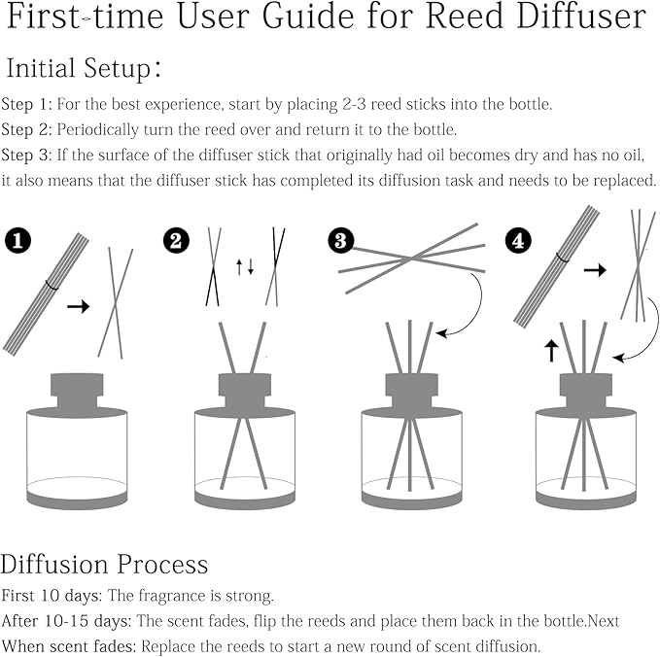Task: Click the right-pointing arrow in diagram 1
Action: pyautogui.click(x=78, y=306)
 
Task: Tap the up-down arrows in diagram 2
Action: pyautogui.click(x=245, y=266)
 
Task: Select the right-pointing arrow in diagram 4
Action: pyautogui.click(x=594, y=269)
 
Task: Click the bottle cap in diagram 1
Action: pyautogui.click(x=75, y=388)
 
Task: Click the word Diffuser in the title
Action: pyautogui.click(x=580, y=18)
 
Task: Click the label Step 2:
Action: pyautogui.click(x=26, y=129)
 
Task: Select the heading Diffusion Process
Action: pyautogui.click(x=104, y=565)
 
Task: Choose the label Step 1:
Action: pyautogui.click(x=26, y=104)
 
